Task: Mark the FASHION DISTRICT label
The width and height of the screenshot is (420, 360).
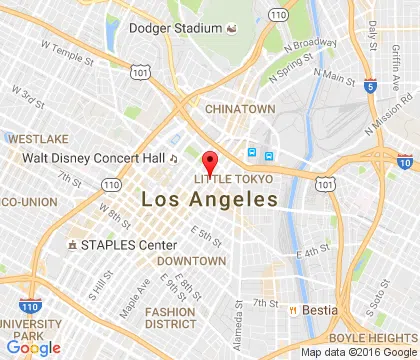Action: [x=170, y=317]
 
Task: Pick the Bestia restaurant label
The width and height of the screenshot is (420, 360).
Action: [x=321, y=310]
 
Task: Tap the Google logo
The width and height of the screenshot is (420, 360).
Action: [x=31, y=348]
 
